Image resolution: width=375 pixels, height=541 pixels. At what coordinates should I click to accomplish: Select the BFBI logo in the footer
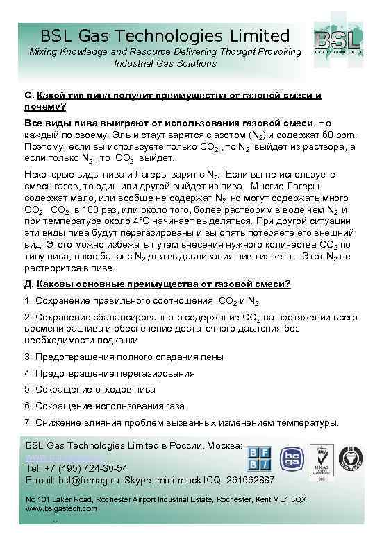coord(260,459)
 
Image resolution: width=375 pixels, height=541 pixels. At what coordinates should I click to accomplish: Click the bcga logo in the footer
coord(291,459)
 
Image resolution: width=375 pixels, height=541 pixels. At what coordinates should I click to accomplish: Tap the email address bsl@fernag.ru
coord(87,479)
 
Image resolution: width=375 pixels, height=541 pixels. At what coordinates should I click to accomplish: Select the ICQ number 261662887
coord(246,479)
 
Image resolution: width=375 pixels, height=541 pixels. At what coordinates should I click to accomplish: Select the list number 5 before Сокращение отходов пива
coord(27,389)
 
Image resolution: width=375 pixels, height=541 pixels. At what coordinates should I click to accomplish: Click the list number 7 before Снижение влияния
coord(27,422)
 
